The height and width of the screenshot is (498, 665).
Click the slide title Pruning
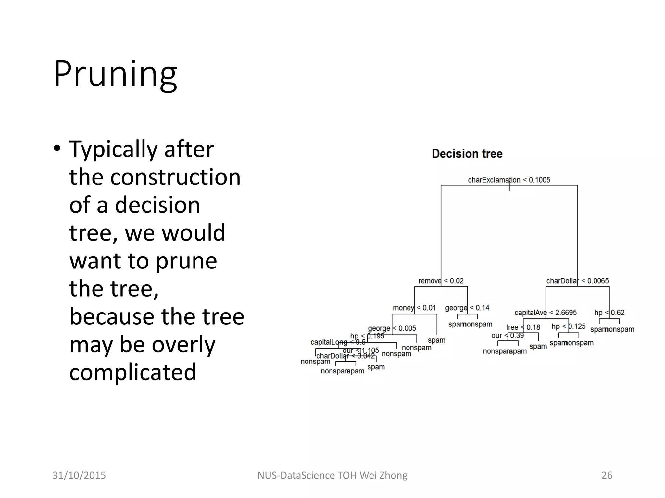[115, 74]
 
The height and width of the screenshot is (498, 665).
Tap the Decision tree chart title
[467, 154]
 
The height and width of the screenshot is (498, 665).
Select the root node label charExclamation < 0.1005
[509, 180]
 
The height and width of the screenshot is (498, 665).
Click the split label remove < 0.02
[441, 281]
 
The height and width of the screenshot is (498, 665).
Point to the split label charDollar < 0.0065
[577, 281]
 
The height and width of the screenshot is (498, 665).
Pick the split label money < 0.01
[414, 308]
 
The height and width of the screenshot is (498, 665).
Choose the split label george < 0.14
[467, 308]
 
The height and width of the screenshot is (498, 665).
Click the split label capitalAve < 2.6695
[546, 313]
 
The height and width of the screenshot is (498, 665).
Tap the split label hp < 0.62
[609, 313]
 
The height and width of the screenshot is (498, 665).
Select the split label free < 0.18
[523, 327]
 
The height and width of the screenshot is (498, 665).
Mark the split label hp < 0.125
[568, 326]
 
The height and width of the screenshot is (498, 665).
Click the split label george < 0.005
[392, 328]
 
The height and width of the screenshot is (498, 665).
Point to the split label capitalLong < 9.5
[338, 342]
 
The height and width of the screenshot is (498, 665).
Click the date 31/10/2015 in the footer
[79, 475]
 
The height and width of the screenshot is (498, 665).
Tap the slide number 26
[607, 475]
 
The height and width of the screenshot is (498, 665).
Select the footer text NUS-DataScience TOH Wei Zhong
[332, 475]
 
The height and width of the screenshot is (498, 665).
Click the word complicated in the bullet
[133, 372]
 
